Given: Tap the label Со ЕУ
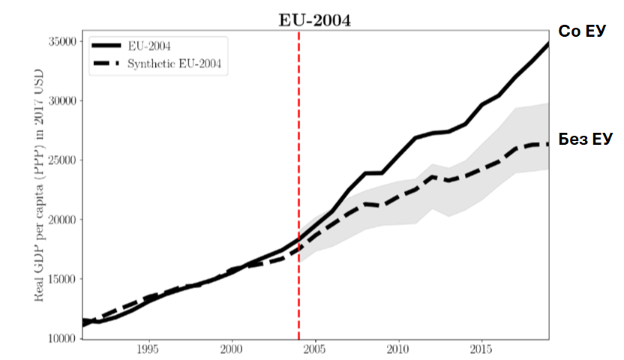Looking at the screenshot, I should pos(582,31).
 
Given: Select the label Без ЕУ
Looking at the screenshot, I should pos(585,139).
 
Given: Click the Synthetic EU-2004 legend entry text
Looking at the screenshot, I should pos(174,64).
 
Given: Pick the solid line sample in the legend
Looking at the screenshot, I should pos(105,46).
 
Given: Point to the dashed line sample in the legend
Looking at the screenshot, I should pos(105,64).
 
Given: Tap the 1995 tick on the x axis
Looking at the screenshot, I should pos(148,350).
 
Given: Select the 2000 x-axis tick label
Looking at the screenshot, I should pos(232,350).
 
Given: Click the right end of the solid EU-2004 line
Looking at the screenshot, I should pos(547,44).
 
